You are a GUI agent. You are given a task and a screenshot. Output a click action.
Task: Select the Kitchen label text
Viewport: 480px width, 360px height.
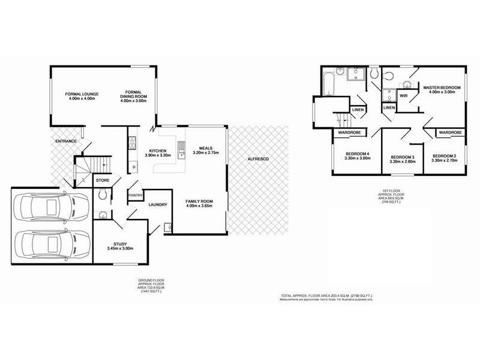click(158, 151)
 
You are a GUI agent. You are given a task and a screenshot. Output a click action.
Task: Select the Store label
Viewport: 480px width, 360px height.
click(103, 179)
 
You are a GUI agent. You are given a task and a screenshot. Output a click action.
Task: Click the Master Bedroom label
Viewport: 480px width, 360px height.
click(442, 88)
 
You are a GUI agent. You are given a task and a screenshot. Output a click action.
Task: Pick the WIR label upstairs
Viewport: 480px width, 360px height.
click(404, 95)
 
